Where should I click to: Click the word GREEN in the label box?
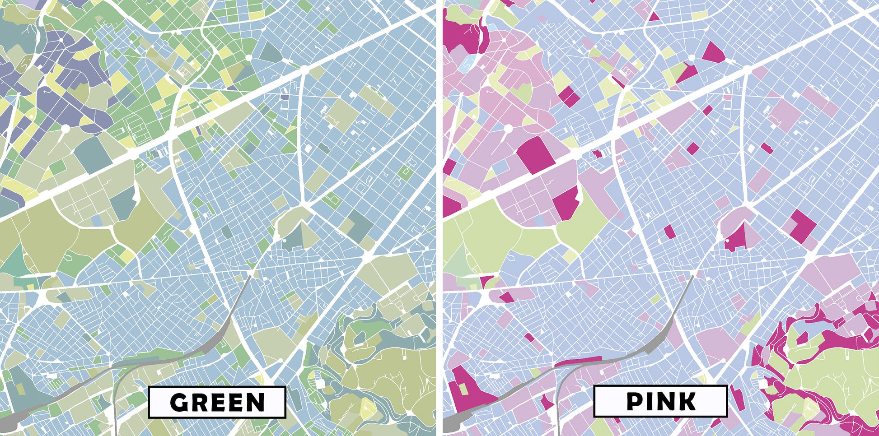click(x=217, y=402)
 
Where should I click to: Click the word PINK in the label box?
click(x=661, y=401)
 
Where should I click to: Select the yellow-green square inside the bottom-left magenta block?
click(x=463, y=389)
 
